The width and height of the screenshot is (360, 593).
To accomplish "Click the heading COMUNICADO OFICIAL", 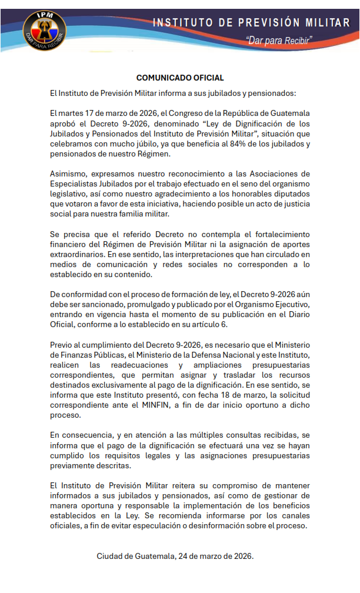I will pyautogui.click(x=180, y=78).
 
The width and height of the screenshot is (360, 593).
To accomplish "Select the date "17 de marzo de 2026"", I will pyautogui.click(x=112, y=112).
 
